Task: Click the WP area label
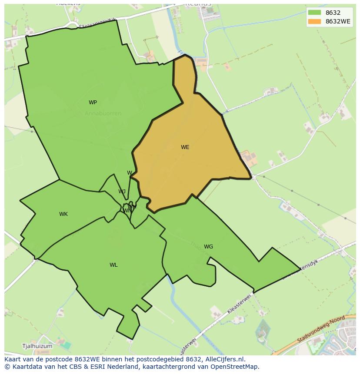[x=93, y=103]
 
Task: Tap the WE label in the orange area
[x=185, y=147]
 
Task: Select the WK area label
[x=63, y=214]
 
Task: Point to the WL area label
[x=113, y=265]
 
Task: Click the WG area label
[x=208, y=247]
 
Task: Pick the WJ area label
[x=122, y=192]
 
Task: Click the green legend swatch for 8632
[x=314, y=13]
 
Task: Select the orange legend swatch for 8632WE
[x=314, y=22]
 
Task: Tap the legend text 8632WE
[x=338, y=22]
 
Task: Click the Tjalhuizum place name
[x=37, y=346]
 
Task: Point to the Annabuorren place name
[x=103, y=113]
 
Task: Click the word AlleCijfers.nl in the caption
[x=224, y=359]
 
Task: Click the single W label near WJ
[x=130, y=173]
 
